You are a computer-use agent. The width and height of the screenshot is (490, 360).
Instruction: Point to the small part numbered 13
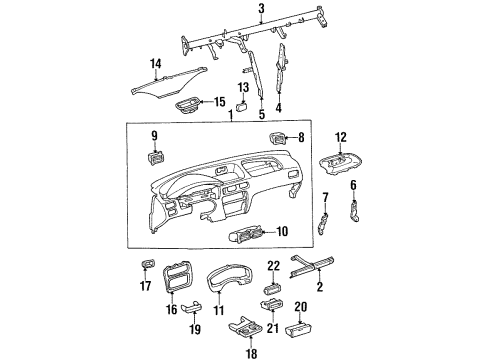(x=243, y=108)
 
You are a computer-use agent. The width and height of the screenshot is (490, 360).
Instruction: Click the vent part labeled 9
(x=154, y=156)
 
